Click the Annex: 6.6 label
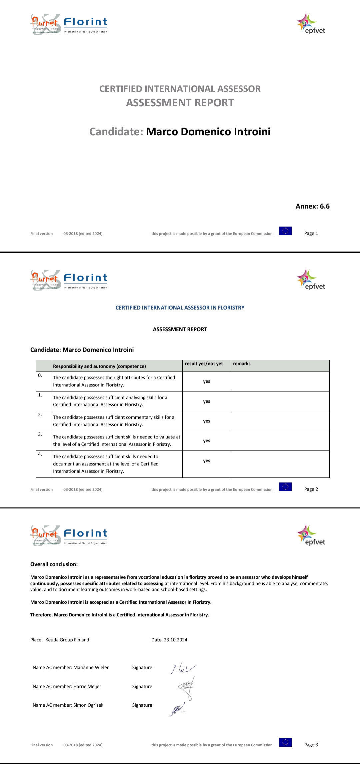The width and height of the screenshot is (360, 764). coord(312,206)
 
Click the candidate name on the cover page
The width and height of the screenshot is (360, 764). coord(208,132)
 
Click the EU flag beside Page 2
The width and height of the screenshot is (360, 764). coord(285,487)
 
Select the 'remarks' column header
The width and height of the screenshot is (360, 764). coord(242,364)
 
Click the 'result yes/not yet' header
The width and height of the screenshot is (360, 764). coord(204,364)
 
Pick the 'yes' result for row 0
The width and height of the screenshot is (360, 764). coord(207,382)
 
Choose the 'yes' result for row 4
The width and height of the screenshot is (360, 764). coord(207,461)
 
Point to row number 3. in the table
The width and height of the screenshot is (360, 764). coord(40,434)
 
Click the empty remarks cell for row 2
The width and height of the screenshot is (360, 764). coord(280,421)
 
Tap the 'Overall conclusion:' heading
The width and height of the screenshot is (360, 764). coord(54,564)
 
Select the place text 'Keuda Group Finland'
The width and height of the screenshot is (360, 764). coord(67,640)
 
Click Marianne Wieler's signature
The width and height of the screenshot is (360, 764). coord(183,668)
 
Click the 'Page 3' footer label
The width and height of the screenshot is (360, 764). coord(311,745)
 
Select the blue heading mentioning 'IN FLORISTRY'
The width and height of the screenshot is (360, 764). coord(180,308)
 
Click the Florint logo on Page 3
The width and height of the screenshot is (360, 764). coord(85,535)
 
